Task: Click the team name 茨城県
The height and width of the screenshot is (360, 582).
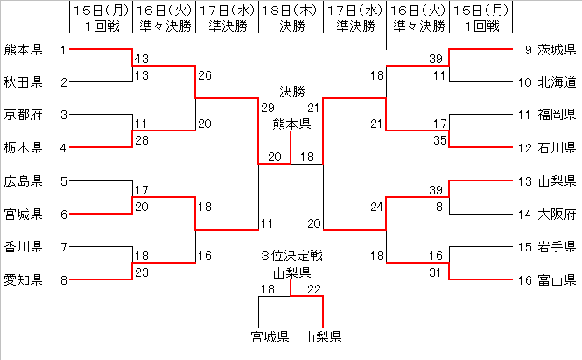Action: tap(557, 49)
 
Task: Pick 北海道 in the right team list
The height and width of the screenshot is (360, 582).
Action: tap(557, 82)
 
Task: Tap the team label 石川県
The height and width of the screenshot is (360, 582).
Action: tap(557, 147)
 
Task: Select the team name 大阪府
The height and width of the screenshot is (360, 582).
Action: tap(557, 214)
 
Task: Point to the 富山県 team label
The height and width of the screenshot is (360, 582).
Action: tap(557, 280)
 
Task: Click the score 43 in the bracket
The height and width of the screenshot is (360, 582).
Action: tap(141, 58)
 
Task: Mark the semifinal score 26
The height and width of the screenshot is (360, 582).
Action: tap(204, 75)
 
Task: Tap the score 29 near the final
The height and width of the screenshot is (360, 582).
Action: tap(267, 107)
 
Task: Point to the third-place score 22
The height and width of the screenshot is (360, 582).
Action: tap(315, 289)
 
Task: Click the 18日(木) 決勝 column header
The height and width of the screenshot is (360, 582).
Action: tap(290, 18)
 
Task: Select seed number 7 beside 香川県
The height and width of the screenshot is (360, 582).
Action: tap(63, 247)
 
